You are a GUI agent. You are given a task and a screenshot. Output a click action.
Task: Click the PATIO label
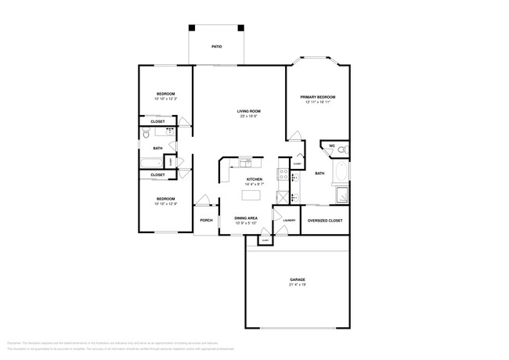click(x=216, y=47)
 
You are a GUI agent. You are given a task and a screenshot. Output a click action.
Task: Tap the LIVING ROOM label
click(x=249, y=111)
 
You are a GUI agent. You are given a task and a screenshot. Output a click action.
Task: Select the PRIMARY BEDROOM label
click(x=317, y=97)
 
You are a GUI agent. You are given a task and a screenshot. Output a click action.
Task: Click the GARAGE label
click(x=297, y=279)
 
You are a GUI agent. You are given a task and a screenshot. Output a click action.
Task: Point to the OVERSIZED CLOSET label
click(x=324, y=221)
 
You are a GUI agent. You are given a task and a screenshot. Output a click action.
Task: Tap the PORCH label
click(x=206, y=220)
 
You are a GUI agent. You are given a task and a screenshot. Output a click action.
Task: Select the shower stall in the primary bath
click(x=341, y=196)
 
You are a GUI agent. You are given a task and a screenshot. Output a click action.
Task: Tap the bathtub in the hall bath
click(x=152, y=164)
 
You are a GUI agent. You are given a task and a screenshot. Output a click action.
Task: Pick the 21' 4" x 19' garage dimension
click(x=297, y=286)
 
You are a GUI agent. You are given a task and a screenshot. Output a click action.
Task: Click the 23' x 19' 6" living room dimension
click(x=249, y=117)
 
